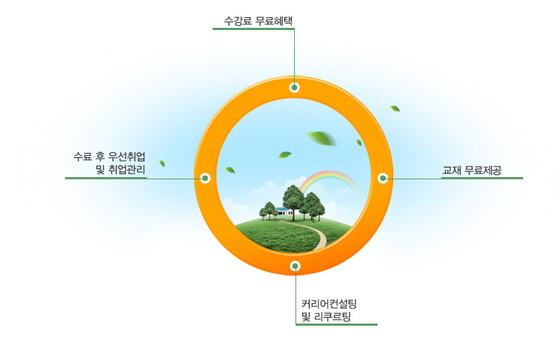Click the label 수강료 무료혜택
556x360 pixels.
click(258, 21)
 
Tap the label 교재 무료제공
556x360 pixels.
click(472, 171)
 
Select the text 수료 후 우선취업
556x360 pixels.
click(109, 156)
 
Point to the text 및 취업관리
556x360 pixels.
click(121, 170)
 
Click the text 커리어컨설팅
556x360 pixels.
click(329, 304)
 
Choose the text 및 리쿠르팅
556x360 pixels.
click(326, 316)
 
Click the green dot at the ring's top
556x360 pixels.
click(294, 87)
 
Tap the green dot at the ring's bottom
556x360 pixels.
click(295, 266)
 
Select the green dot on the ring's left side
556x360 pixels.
click(205, 178)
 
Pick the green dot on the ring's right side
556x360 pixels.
click(383, 178)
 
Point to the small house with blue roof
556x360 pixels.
click(283, 211)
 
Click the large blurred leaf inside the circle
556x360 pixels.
click(321, 138)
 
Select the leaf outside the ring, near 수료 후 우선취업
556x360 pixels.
click(162, 164)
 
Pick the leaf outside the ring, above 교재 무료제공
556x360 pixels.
click(395, 109)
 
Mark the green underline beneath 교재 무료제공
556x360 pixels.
click(482, 178)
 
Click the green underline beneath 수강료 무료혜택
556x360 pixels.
click(253, 29)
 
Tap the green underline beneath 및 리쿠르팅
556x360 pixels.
click(336, 324)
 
